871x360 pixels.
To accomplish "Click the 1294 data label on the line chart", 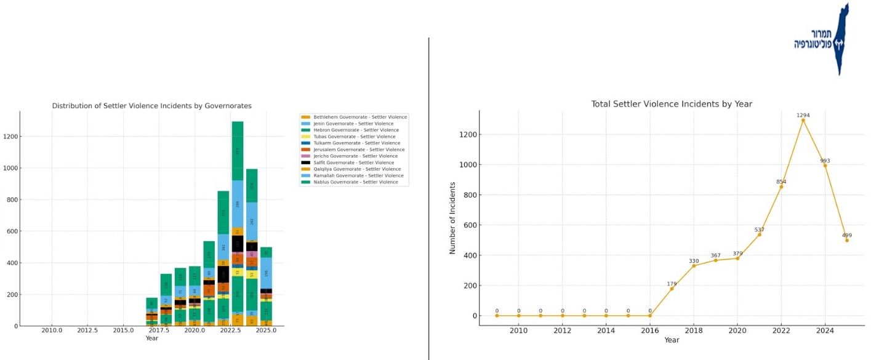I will [x=803, y=115].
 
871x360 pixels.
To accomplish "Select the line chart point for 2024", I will [x=825, y=166].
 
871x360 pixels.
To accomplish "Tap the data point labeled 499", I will [x=847, y=240].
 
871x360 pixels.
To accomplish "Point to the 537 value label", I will [x=759, y=229].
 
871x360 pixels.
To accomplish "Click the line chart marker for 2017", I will [x=672, y=289].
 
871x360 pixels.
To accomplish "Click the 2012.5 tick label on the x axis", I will [x=87, y=331].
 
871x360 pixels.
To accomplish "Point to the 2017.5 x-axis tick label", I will [x=159, y=331].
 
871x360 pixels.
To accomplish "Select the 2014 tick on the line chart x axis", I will [x=606, y=330].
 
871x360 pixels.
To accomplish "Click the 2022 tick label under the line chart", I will [x=781, y=330].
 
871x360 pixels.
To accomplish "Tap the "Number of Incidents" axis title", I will [x=453, y=218].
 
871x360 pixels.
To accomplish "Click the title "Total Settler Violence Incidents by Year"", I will [x=672, y=104].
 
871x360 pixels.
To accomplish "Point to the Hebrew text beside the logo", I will [x=813, y=39].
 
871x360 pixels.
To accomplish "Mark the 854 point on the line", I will [x=781, y=186].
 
